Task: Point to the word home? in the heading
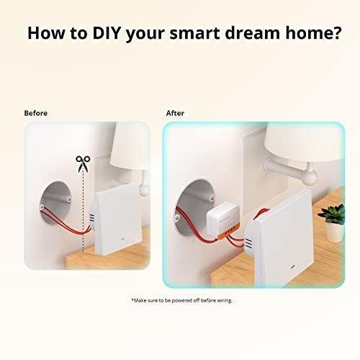coord(315,33)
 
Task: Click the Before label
coord(37,113)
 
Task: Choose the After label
coord(175,113)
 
